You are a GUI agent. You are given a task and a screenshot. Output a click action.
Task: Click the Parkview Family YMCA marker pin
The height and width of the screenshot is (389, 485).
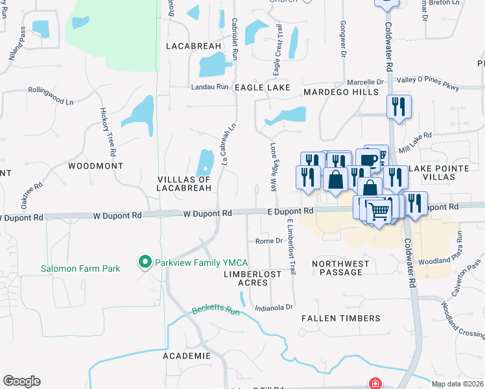tap(145, 262)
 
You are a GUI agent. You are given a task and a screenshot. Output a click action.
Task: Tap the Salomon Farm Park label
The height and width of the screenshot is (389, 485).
tap(80, 268)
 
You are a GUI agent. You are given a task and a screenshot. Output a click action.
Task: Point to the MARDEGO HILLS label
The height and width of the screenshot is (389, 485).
tap(341, 93)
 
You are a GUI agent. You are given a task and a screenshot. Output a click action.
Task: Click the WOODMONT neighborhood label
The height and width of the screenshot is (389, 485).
tap(95, 166)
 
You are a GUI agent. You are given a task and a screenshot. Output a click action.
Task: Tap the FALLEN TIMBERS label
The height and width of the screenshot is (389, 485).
tap(341, 318)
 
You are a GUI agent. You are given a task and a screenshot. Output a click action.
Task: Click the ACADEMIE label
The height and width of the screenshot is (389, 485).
tap(187, 356)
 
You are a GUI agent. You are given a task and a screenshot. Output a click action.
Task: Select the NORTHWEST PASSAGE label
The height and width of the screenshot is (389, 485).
tap(341, 268)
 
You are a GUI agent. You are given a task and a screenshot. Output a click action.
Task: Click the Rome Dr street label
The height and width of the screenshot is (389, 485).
tap(269, 241)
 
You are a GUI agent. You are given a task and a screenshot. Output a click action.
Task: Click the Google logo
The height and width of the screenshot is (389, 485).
tap(21, 381)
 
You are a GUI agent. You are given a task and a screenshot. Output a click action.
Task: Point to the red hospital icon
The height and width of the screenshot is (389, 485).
tap(375, 383)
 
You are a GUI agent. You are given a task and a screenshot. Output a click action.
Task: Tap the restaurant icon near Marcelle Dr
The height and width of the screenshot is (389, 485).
tap(399, 105)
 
